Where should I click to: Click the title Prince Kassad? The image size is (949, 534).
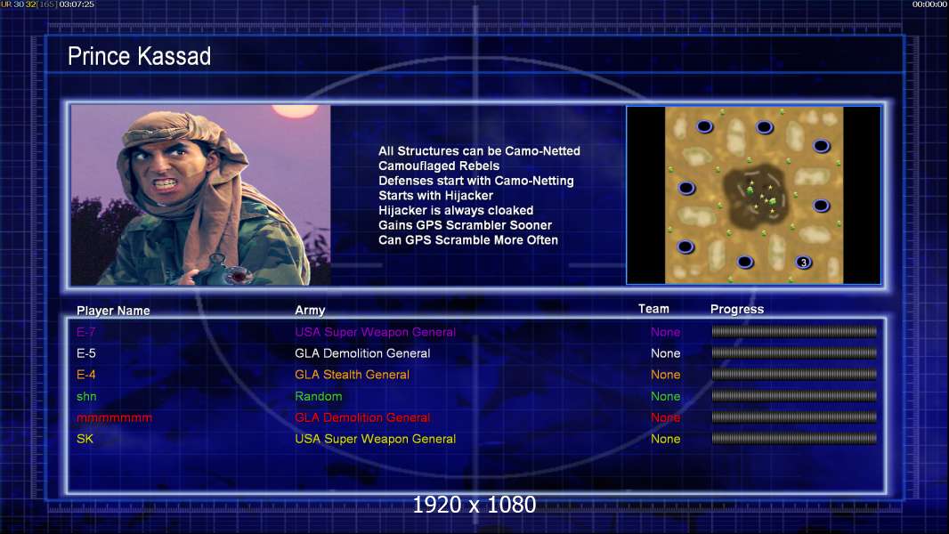139,56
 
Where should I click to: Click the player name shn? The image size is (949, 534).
86,396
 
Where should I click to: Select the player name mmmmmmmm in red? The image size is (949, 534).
114,418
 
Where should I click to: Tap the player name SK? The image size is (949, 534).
85,439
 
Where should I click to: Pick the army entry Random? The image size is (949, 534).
319,396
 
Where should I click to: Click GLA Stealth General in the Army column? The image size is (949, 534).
353,375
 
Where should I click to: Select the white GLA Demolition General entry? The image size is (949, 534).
362,353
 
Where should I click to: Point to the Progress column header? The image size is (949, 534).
737,309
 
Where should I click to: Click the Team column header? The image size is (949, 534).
653,309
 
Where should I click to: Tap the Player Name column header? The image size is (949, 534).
113,311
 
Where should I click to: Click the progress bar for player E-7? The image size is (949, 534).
794,331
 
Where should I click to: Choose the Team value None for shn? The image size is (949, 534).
666,396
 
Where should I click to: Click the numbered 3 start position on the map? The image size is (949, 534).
804,263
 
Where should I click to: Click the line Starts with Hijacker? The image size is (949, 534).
435,195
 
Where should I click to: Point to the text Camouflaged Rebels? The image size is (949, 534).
439,166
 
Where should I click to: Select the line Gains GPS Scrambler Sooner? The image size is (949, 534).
465,225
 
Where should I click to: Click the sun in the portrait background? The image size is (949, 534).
295,110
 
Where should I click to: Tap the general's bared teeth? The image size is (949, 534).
165,182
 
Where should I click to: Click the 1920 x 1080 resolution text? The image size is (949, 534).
474,505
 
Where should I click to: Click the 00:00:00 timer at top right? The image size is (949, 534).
929,4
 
